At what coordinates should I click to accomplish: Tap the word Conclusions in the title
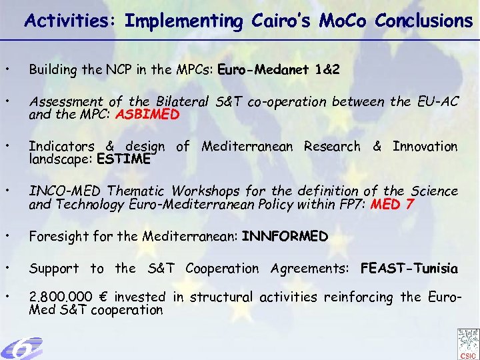[x=423, y=21]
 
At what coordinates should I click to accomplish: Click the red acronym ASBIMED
[x=147, y=114]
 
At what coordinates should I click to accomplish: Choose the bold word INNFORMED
[x=285, y=237]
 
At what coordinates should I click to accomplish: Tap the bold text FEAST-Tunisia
[x=409, y=269]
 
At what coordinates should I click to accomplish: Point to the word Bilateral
[x=183, y=102]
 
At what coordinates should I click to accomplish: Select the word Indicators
[x=63, y=147]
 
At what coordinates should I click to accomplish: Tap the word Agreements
[x=312, y=269]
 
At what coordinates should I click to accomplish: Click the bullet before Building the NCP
[x=6, y=69]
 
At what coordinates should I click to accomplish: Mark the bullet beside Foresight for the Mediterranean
[x=6, y=237]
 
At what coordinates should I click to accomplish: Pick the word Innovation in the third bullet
[x=425, y=147]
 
